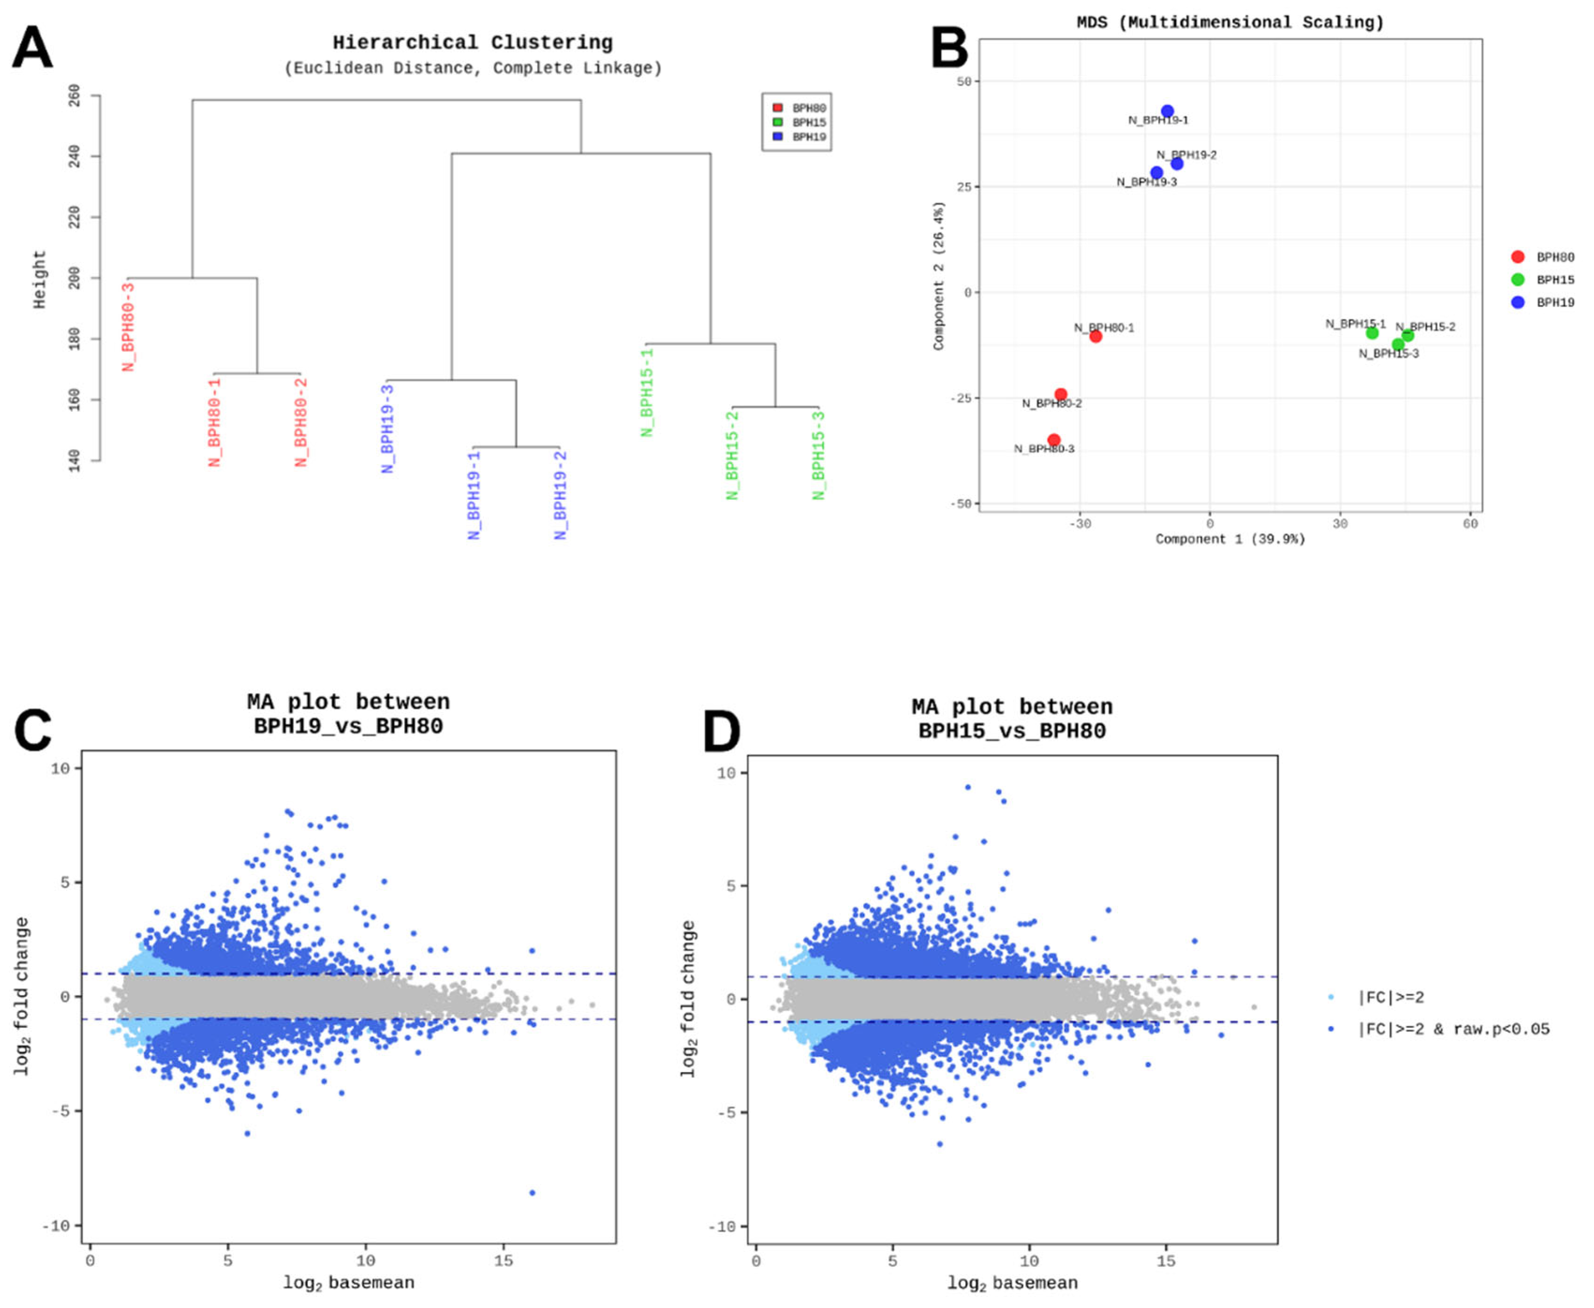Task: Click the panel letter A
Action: pyautogui.click(x=32, y=48)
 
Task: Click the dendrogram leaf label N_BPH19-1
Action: pyautogui.click(x=474, y=495)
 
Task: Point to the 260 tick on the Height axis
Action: pyautogui.click(x=74, y=96)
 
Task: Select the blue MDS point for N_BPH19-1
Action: pyautogui.click(x=1167, y=111)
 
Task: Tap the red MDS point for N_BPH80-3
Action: pyautogui.click(x=1054, y=440)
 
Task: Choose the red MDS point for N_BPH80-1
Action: pyautogui.click(x=1095, y=336)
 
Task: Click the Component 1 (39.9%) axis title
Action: pyautogui.click(x=1230, y=539)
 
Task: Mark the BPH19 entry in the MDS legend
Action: pyautogui.click(x=1555, y=302)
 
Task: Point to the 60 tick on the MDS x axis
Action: pyautogui.click(x=1470, y=524)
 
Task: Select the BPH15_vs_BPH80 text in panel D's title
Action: pyautogui.click(x=1011, y=731)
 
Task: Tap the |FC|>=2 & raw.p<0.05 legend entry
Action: pyautogui.click(x=1453, y=1029)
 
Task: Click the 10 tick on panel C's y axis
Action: pyautogui.click(x=60, y=769)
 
